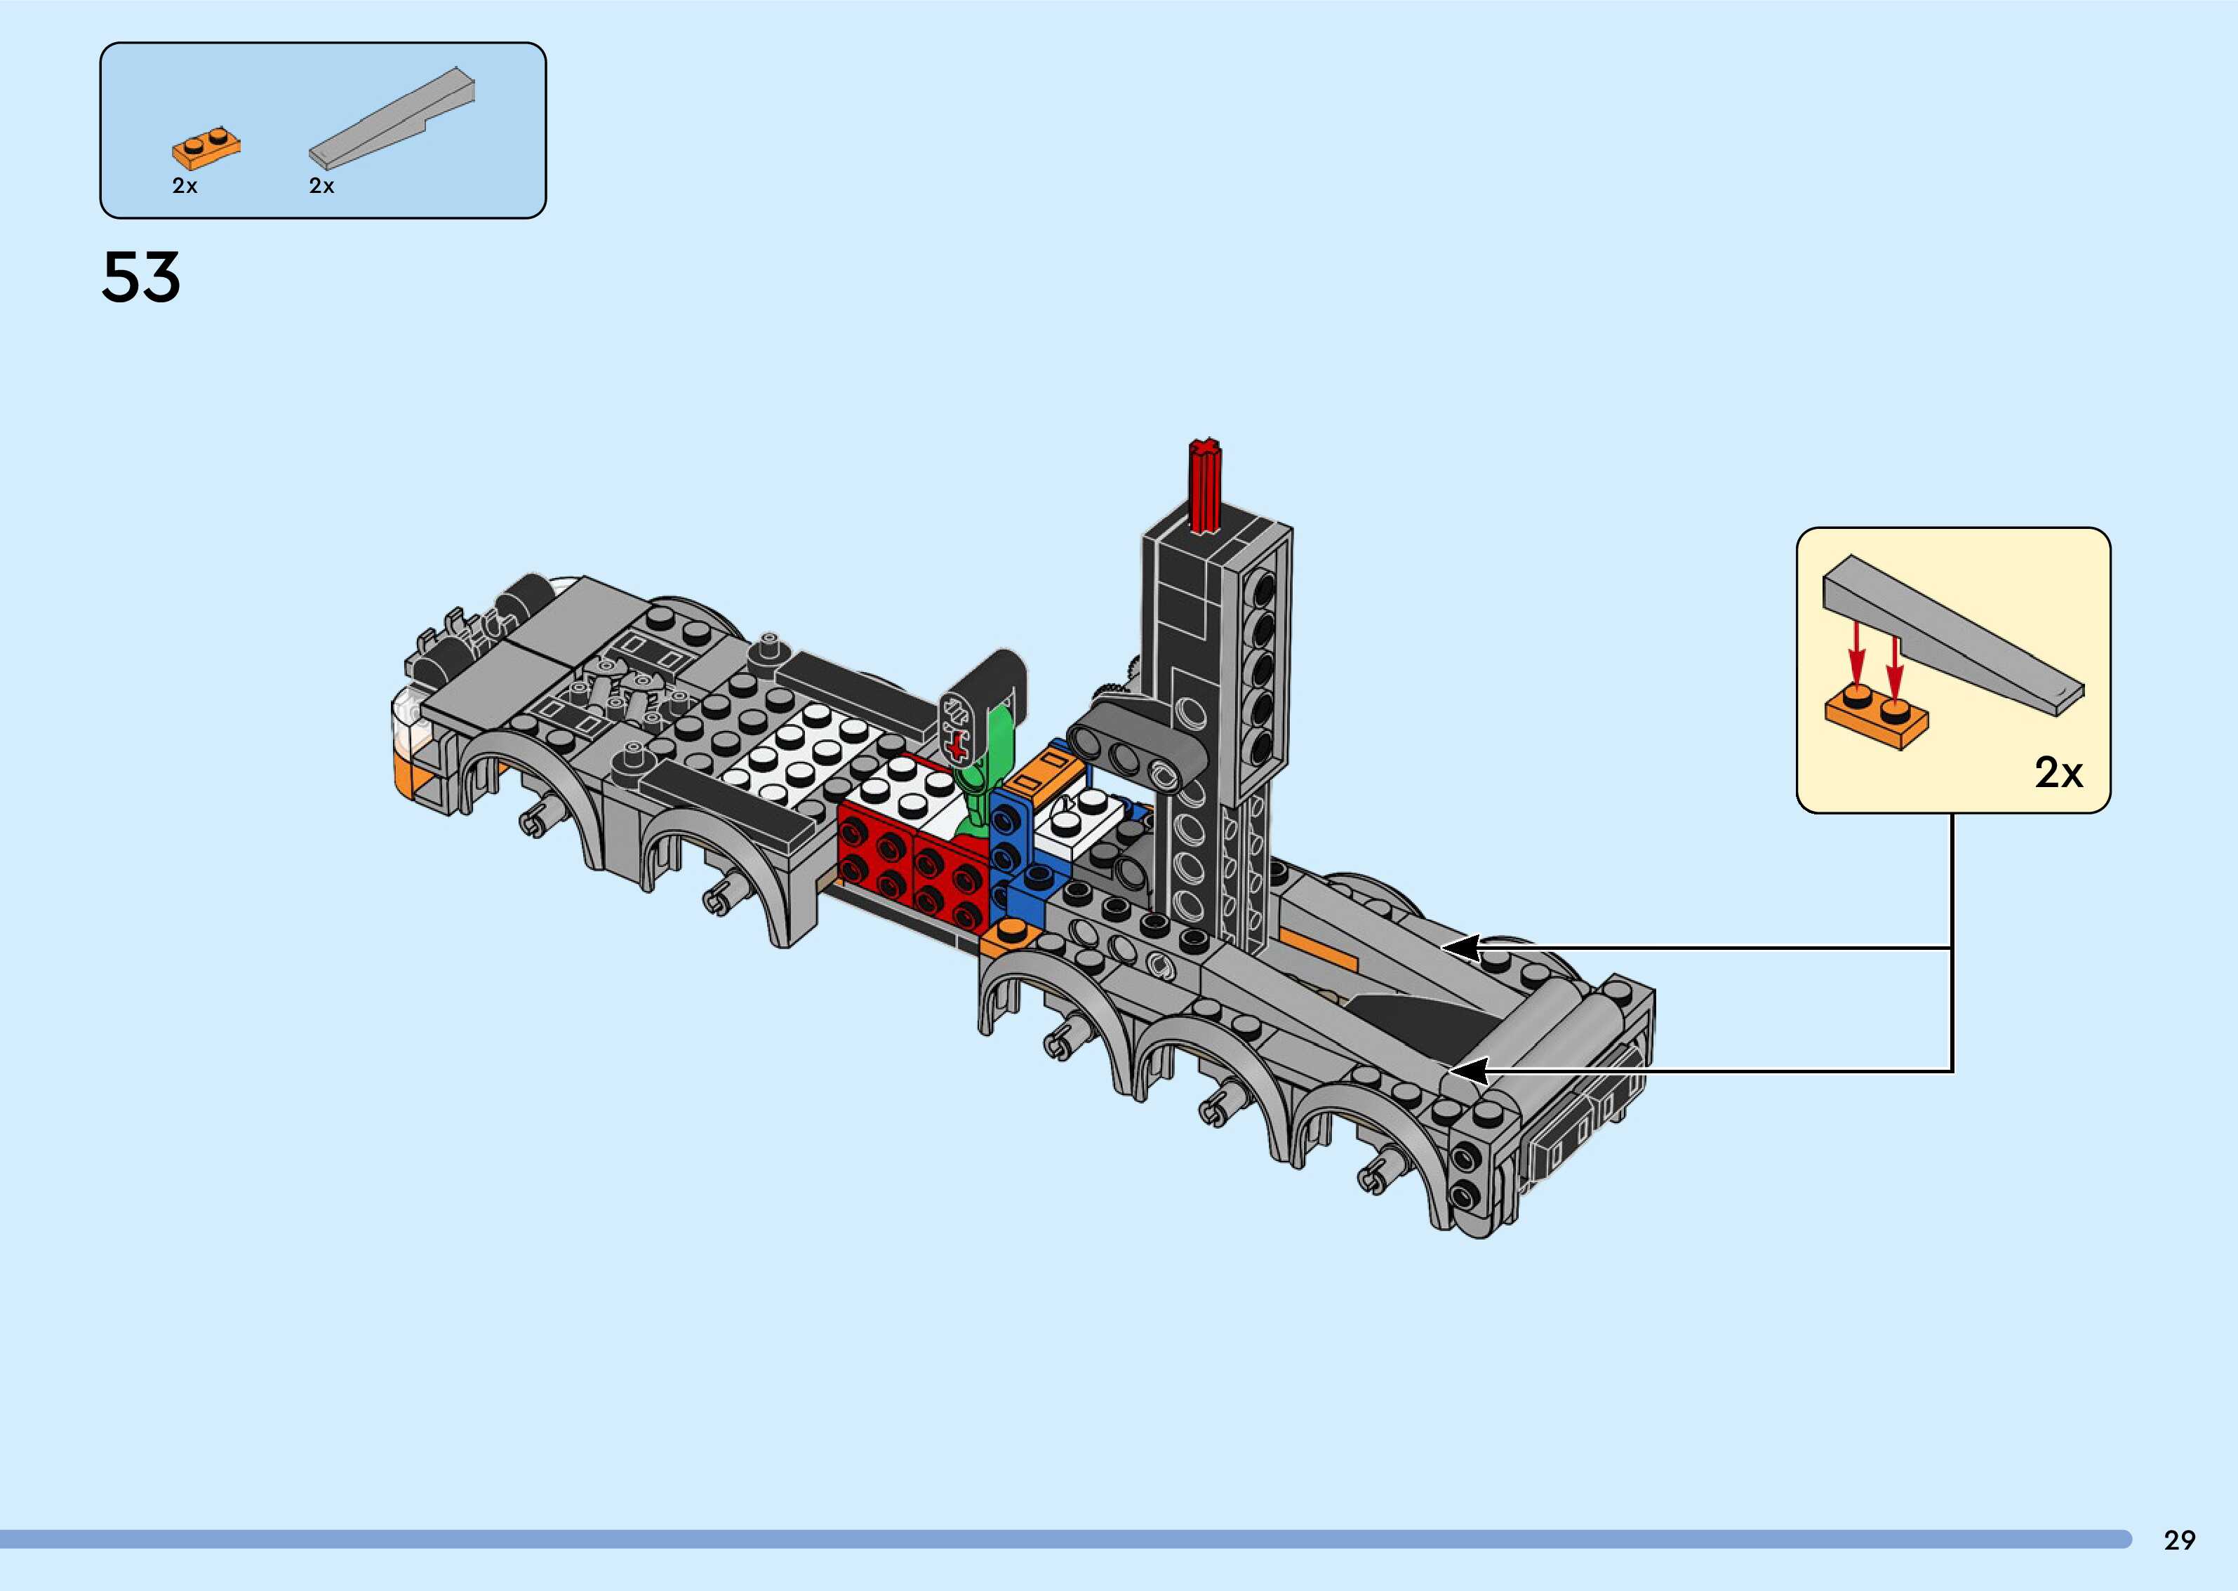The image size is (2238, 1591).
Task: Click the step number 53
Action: pyautogui.click(x=141, y=277)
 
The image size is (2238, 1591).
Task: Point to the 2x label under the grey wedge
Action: pyautogui.click(x=321, y=186)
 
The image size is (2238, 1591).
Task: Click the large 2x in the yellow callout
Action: pyautogui.click(x=2058, y=773)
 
